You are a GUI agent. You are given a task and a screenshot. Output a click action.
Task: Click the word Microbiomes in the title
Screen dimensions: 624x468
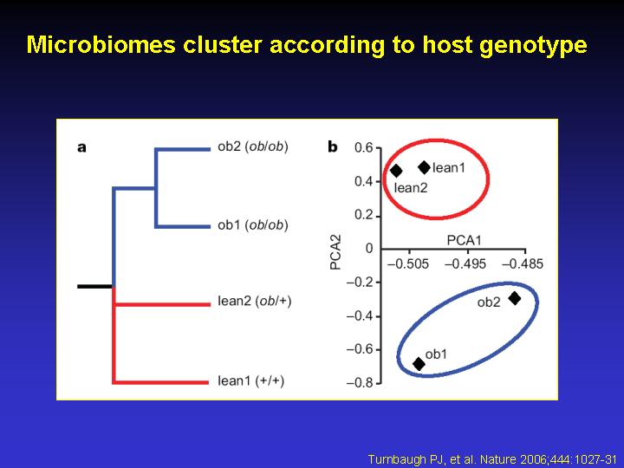101,44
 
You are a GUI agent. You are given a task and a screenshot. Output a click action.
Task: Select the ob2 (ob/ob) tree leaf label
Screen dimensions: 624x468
253,146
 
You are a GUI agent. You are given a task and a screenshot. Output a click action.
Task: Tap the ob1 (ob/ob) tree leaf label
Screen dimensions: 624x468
253,225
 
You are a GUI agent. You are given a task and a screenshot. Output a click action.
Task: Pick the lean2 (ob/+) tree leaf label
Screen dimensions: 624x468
255,301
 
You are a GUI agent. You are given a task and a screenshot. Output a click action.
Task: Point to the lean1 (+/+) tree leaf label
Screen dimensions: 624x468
251,380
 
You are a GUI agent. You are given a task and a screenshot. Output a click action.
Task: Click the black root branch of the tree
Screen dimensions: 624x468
94,286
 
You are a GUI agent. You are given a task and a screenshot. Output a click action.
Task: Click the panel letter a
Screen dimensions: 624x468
81,147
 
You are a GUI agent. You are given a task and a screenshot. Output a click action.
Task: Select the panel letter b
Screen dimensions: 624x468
332,146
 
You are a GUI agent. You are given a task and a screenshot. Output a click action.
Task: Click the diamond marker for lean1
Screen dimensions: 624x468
424,167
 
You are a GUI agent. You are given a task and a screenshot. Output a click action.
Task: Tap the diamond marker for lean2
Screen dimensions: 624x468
396,171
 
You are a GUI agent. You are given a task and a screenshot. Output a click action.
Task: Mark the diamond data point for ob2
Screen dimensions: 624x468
515,298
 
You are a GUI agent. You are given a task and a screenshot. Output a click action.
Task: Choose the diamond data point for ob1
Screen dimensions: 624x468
419,363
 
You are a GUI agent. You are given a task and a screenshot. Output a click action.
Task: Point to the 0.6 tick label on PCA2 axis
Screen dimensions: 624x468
364,148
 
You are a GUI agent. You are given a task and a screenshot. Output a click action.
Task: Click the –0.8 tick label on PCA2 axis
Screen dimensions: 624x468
360,383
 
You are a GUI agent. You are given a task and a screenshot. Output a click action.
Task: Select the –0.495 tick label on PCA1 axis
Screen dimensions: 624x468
465,263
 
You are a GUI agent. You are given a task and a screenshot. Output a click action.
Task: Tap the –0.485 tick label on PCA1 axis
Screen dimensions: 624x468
523,263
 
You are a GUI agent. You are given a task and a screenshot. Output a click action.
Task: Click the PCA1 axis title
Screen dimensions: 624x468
464,240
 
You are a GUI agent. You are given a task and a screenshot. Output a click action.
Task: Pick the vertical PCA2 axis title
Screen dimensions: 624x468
336,252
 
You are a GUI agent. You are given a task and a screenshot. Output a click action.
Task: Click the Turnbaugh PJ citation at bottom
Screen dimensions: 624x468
492,459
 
